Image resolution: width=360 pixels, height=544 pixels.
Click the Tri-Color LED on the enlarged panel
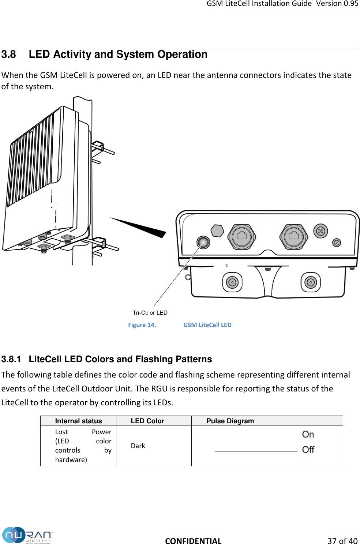[203, 242]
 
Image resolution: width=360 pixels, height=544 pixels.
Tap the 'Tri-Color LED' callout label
[150, 313]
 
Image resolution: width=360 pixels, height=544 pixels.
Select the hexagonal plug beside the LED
[217, 230]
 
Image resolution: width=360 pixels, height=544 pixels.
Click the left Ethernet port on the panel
[242, 236]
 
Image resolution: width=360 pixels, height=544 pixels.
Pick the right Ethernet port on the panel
[294, 236]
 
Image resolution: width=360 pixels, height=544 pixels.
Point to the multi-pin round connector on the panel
[320, 231]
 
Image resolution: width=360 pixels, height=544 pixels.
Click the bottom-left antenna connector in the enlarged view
[232, 282]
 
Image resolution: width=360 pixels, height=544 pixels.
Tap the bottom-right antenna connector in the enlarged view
[311, 282]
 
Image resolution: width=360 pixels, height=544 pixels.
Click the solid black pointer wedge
[143, 227]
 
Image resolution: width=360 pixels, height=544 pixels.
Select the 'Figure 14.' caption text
[142, 325]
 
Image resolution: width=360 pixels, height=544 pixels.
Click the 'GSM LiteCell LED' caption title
[207, 325]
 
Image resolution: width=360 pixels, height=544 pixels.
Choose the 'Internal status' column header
[78, 421]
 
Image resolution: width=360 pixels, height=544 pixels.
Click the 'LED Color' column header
[147, 421]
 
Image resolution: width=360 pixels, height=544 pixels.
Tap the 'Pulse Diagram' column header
[230, 421]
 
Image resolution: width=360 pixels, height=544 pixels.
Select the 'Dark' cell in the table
[138, 446]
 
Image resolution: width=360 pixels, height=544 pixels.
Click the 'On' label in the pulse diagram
[308, 435]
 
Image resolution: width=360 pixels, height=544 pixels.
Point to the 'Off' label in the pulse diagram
[308, 450]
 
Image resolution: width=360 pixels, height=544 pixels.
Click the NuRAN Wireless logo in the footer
[27, 535]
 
